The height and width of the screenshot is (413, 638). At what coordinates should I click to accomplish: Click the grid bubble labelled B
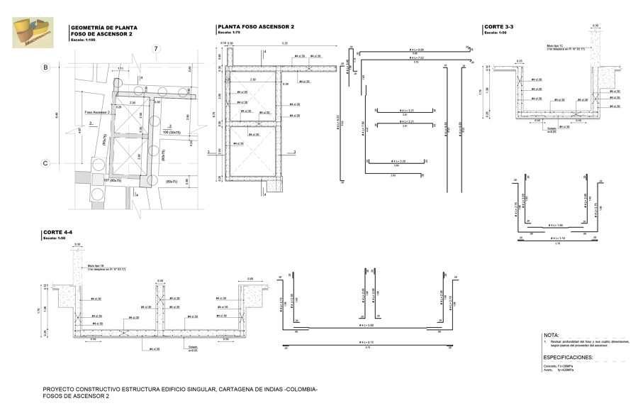coord(45,68)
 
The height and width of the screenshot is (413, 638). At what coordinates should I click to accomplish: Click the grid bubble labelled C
coord(45,164)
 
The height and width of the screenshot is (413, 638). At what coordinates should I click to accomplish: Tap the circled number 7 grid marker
coord(156,49)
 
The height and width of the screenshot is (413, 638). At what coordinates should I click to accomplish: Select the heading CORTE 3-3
coord(499,28)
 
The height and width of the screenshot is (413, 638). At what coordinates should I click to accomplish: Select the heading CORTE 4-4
coord(57,232)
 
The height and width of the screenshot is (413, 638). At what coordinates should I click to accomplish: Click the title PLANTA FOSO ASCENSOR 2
coord(255,27)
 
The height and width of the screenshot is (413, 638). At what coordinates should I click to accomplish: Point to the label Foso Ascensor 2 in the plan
coord(97,112)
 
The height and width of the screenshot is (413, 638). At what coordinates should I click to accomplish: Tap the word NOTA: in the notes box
coord(552,334)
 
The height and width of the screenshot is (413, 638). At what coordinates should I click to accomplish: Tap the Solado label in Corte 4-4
coord(192,347)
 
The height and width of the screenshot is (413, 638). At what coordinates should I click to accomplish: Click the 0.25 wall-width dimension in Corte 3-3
coord(520,61)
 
